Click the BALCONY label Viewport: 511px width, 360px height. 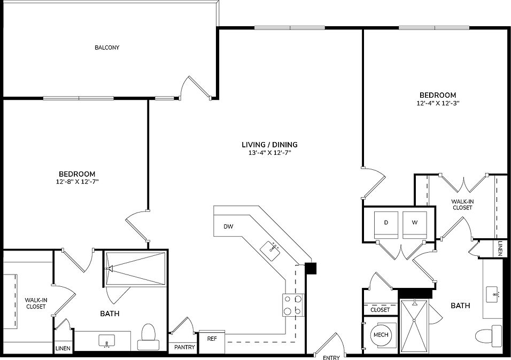point(107,48)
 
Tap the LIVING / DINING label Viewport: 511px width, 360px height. point(269,144)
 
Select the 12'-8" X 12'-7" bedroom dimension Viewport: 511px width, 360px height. point(77,182)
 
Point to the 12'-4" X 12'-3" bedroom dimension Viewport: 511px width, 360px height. point(437,103)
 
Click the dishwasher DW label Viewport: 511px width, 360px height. point(229,226)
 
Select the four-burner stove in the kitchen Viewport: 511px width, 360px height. point(293,306)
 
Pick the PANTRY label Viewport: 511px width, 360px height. point(185,347)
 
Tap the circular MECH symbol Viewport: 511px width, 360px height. point(381,335)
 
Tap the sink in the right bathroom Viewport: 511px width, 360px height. point(494,293)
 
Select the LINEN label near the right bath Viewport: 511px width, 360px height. point(500,248)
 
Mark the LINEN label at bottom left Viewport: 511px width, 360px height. point(63,348)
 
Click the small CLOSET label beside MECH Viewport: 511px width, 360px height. point(380,309)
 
